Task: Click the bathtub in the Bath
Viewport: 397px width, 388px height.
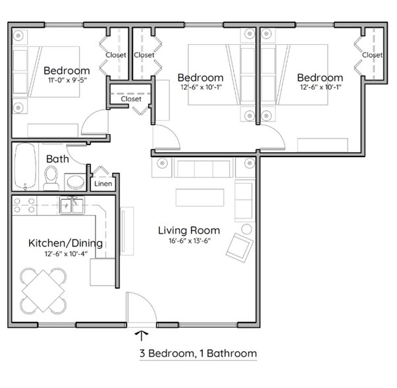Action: click(x=24, y=166)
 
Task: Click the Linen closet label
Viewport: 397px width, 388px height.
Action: click(x=103, y=184)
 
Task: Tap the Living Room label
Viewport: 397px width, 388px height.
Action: click(x=189, y=230)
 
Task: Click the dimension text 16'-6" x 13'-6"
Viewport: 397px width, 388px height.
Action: click(x=189, y=242)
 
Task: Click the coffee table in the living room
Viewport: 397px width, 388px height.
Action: click(x=199, y=197)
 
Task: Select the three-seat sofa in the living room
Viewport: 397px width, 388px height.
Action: click(x=202, y=168)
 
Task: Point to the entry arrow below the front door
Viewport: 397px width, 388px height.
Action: click(x=142, y=335)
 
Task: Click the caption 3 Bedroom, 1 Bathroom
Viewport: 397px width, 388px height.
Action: click(x=198, y=354)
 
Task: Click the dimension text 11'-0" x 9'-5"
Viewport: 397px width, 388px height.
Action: click(x=66, y=81)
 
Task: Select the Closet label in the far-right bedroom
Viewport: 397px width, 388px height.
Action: click(x=372, y=55)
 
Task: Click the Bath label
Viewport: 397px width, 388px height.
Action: click(x=55, y=159)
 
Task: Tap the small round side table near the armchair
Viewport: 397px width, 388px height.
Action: click(x=246, y=229)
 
